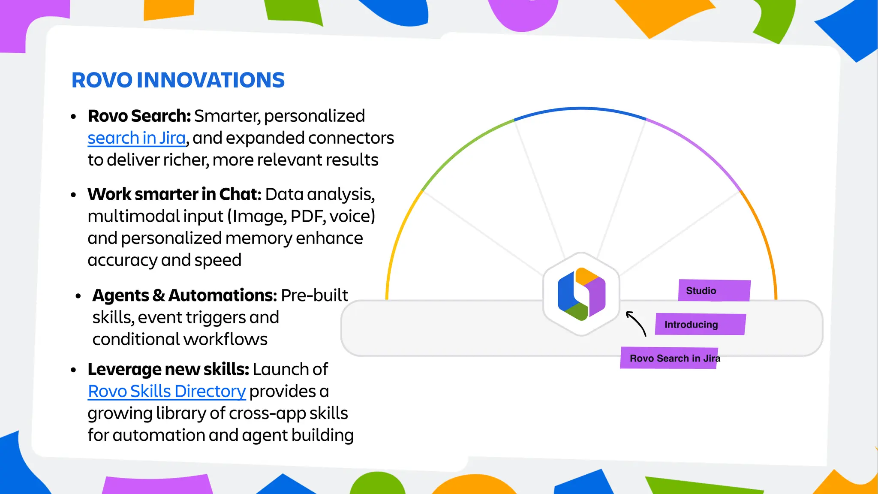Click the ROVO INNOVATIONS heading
pos(178,80)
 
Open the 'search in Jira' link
pos(137,138)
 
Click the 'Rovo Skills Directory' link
pos(167,391)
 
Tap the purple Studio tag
pos(714,290)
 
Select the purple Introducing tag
pos(700,324)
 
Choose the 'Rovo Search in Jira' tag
pos(669,358)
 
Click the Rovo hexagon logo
pos(581,294)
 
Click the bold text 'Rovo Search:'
pos(139,116)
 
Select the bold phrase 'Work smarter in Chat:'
pos(174,194)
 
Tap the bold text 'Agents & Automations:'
pos(185,295)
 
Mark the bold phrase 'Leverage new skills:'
pos(168,369)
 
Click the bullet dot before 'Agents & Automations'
pos(78,296)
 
